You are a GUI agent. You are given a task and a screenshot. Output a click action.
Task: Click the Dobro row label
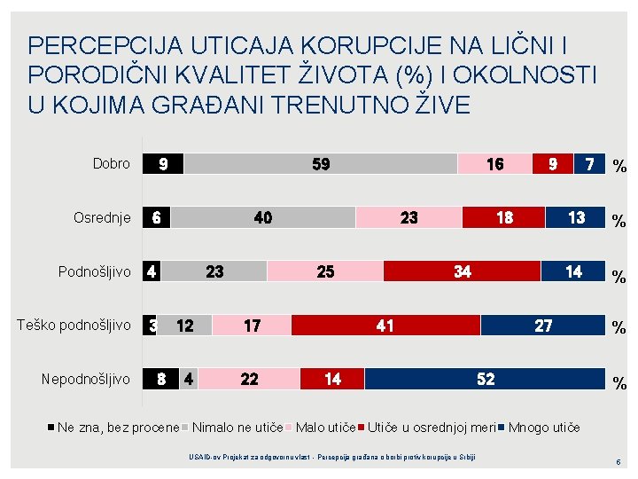pos(112,164)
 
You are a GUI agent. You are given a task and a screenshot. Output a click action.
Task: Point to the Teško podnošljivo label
pos(74,326)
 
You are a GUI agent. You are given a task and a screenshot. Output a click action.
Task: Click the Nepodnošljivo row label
pos(86,380)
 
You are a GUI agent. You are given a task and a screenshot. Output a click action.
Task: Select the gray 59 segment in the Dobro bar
pos(321,164)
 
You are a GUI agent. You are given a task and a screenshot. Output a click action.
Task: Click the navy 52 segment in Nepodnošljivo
pos(485,380)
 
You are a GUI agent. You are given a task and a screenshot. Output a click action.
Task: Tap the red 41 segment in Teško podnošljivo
pos(385,326)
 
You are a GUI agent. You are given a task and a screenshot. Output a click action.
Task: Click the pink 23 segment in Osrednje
pos(408,218)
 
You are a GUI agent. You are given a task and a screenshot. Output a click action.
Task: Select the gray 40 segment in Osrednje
pos(263,218)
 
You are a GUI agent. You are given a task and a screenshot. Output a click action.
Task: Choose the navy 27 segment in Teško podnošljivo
pos(542,326)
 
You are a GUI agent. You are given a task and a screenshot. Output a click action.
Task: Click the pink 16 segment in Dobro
pos(494,164)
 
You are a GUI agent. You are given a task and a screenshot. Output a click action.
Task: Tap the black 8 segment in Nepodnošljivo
pos(161,380)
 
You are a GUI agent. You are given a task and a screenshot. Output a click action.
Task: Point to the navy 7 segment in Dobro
pos(589,164)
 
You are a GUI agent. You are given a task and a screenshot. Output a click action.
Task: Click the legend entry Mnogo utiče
pos(543,428)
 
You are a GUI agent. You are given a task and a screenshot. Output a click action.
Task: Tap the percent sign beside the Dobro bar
pos(620,166)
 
